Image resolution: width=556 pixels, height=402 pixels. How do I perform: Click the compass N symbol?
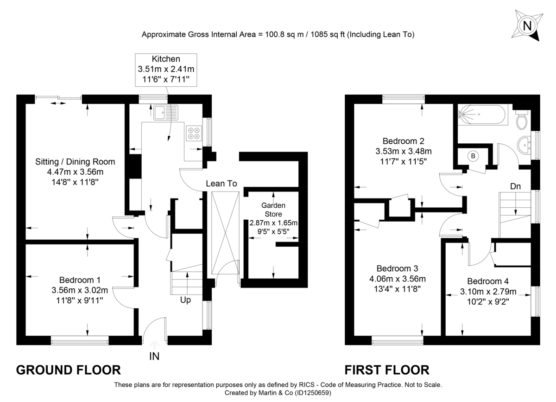526,26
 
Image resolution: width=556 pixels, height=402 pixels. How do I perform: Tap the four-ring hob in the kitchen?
194,134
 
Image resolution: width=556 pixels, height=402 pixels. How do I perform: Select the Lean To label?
221,184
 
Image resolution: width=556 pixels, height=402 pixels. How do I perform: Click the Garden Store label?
273,210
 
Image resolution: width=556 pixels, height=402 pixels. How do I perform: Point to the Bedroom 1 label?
80,280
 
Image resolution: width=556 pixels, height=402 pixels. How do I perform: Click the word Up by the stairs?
185,300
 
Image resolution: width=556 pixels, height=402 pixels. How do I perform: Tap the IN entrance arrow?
154,344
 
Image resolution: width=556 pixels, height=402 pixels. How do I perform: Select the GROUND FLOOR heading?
69,370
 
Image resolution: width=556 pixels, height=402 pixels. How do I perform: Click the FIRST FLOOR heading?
387,370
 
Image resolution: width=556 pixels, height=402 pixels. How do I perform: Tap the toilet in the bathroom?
522,119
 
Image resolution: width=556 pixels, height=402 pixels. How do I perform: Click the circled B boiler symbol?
473,156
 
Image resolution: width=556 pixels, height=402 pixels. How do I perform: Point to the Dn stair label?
516,186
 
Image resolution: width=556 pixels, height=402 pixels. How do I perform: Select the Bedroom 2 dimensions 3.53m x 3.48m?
403,151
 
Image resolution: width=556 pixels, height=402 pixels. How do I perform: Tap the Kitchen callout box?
165,70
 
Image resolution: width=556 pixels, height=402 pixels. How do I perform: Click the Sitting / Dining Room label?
75,162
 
